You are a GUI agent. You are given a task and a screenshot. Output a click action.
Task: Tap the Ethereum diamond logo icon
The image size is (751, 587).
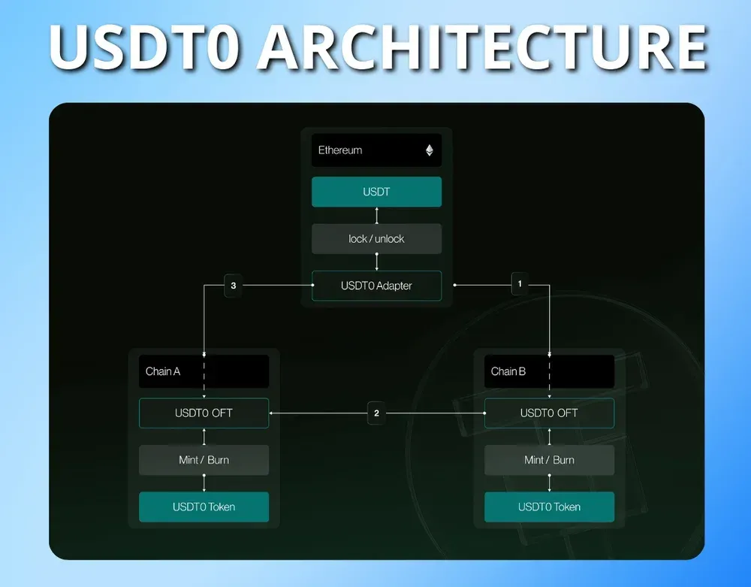point(430,150)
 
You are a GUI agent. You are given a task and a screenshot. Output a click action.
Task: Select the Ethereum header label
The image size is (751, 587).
point(340,150)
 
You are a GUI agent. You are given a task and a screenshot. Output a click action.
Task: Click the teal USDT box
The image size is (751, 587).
point(376,192)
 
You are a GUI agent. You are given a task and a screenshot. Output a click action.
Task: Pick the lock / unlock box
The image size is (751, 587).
point(376,239)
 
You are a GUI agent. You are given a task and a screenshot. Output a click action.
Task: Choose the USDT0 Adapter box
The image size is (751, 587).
point(376,286)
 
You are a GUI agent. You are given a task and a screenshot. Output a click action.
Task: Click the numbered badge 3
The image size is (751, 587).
point(234,286)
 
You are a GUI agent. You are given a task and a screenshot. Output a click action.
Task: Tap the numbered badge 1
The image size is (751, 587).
point(520,285)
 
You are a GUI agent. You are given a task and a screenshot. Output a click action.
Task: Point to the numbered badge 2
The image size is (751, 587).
point(376,413)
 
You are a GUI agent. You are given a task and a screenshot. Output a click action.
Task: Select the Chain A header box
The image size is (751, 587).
point(204,371)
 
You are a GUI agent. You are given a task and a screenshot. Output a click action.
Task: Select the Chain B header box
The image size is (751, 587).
point(549,371)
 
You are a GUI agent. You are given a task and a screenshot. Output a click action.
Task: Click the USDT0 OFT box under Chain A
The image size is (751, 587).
point(204,413)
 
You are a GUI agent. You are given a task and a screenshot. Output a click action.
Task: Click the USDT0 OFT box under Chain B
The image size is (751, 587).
point(549,413)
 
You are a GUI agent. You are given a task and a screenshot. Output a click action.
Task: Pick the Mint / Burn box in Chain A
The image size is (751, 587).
point(204,460)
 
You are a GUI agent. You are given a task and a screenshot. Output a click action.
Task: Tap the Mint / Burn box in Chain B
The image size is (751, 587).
point(549,460)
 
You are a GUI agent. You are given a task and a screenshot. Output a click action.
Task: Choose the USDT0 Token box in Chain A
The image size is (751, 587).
point(204,507)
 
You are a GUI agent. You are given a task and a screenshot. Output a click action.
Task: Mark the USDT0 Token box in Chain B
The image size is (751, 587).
point(549,507)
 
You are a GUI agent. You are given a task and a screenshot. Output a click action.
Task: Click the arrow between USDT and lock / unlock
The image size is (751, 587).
point(377,216)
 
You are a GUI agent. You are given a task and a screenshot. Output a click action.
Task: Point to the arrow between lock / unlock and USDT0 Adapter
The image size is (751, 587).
point(377,262)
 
